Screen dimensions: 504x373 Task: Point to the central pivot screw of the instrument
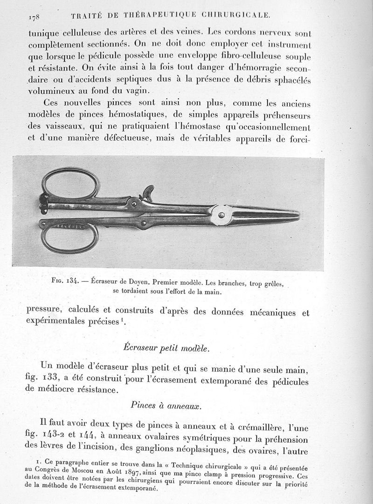pyautogui.click(x=221, y=215)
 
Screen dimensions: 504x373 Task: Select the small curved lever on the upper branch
pyautogui.click(x=148, y=191)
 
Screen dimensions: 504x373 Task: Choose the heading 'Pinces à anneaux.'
pyautogui.click(x=166, y=405)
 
